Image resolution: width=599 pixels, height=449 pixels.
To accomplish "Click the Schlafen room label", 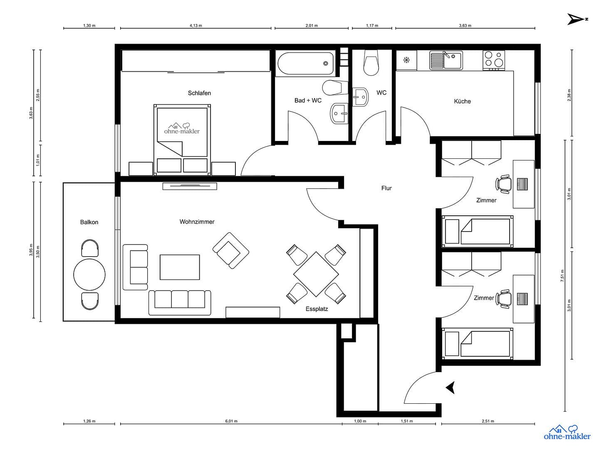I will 199,93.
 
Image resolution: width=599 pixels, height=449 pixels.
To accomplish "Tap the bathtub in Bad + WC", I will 305,64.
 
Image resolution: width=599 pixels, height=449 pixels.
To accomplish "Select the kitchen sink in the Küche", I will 446,60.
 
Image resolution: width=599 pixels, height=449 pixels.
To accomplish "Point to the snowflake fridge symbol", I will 406,60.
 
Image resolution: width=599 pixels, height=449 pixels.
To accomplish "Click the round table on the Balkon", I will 89,274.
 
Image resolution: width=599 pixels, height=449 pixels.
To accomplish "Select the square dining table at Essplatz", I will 316,274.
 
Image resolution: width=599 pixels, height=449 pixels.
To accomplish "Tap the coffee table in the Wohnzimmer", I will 180,267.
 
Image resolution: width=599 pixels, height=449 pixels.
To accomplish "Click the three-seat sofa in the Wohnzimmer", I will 180,302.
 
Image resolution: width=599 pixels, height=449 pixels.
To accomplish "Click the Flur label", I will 386,188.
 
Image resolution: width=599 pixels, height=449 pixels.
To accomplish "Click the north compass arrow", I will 576,19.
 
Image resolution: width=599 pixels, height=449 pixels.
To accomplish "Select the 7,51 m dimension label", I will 562,275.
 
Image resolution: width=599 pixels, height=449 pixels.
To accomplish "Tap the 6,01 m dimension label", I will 231,421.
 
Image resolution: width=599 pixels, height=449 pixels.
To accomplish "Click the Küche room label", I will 462,101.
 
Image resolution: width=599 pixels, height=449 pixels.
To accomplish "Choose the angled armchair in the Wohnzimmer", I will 230,250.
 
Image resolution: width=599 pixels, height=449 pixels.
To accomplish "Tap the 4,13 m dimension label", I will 196,25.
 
